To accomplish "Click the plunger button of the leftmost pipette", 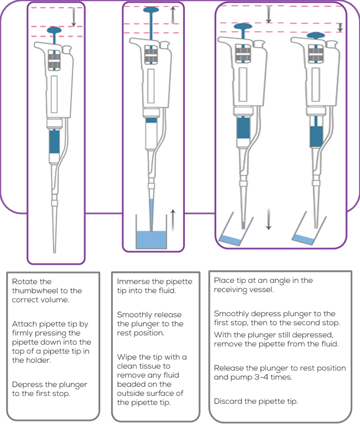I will click(x=56, y=30).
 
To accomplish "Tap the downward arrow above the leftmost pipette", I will click(x=74, y=18).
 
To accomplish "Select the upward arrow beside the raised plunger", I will click(x=174, y=15).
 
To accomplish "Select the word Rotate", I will click(x=24, y=281).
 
